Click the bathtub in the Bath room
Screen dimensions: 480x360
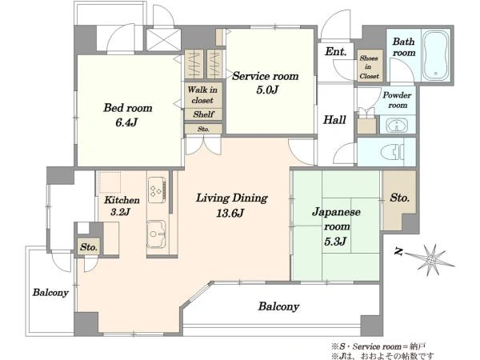tap(436, 55)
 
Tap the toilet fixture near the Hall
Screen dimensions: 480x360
tap(393, 152)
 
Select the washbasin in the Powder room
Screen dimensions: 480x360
tap(397, 126)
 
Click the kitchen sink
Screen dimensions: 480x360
tap(157, 234)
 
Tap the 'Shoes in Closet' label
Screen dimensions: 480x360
tap(369, 66)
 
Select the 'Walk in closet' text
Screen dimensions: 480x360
tap(202, 95)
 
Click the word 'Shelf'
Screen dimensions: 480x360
tap(203, 114)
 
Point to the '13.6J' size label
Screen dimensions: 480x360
tap(230, 213)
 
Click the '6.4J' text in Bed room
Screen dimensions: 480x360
tap(126, 122)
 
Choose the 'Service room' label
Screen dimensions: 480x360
tap(265, 76)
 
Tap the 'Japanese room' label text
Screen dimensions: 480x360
tap(336, 219)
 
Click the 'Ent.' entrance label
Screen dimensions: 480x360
tap(335, 51)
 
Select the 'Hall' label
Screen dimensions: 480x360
tap(334, 120)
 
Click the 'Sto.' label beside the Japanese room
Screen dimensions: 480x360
tap(399, 198)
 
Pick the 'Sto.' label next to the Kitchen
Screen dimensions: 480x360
tap(89, 247)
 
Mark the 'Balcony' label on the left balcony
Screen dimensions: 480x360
tap(50, 293)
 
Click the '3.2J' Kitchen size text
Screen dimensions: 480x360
tap(121, 212)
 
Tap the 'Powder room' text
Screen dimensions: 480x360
tap(397, 100)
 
